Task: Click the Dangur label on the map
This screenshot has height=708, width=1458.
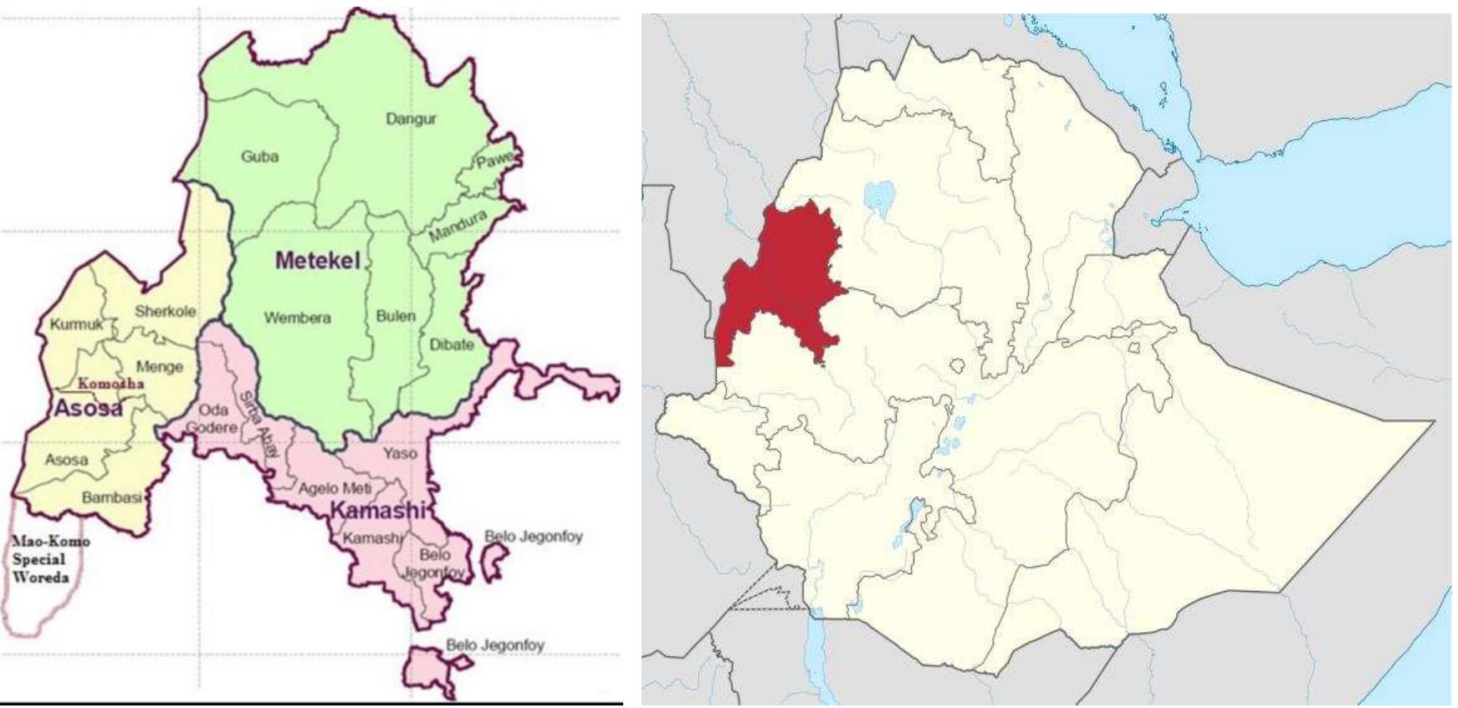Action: (411, 119)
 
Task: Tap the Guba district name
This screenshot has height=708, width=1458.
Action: (259, 156)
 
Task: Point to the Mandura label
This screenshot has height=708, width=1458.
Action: (458, 226)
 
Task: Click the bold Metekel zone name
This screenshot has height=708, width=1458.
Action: (318, 261)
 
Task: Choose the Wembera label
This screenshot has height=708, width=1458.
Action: (297, 318)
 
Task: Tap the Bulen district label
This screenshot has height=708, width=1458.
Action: (396, 316)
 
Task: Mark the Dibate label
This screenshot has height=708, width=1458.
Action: (452, 344)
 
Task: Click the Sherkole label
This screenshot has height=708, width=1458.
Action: (166, 311)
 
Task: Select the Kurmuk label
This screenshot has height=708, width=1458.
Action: (76, 324)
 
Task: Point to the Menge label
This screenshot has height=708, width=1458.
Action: (159, 366)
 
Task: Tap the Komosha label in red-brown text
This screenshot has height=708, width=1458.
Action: (110, 384)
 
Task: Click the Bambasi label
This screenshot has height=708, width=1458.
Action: (111, 497)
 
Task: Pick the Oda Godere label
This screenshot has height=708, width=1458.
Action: (212, 419)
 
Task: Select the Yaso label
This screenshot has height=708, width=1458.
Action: (400, 453)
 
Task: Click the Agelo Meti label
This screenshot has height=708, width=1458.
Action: (335, 488)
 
